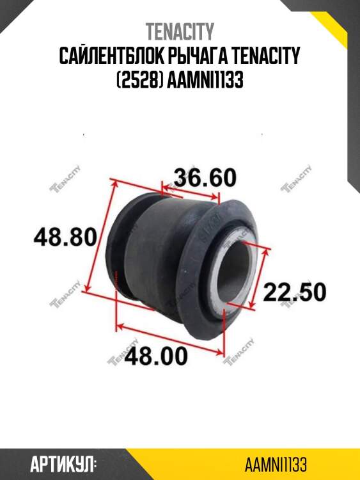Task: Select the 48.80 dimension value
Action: [x=65, y=238]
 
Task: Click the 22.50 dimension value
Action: [x=295, y=292]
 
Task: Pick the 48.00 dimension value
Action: [x=155, y=355]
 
